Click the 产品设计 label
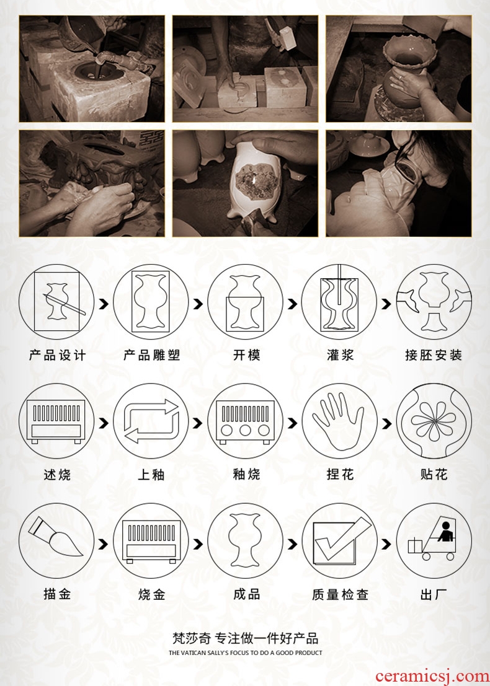point(57,355)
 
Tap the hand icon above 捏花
point(339,421)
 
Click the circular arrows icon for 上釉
point(151,421)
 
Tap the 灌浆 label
point(340,355)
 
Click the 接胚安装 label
point(434,355)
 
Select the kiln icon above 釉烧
point(245,421)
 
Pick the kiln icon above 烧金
point(151,541)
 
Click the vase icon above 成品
point(245,541)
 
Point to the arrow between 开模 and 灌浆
point(293,304)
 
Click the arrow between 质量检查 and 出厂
point(386,544)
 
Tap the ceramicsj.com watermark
point(432,676)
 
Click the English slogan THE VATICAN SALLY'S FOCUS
point(245,653)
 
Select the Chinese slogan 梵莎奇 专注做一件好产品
point(245,638)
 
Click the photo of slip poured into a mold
point(92,69)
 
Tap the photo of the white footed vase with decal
point(245,183)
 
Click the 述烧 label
point(57,474)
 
